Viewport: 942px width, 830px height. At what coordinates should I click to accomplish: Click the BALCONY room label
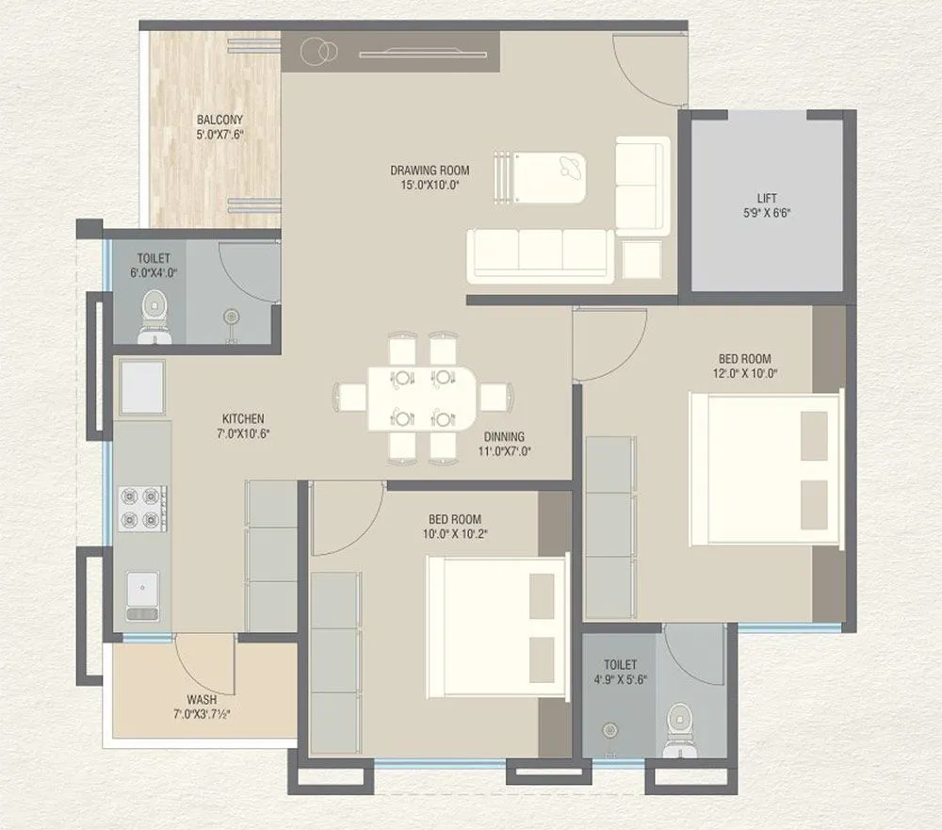pyautogui.click(x=219, y=120)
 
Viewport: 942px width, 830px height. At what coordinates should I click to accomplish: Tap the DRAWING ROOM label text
pyautogui.click(x=430, y=171)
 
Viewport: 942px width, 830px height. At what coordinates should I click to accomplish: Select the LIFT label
pyautogui.click(x=767, y=199)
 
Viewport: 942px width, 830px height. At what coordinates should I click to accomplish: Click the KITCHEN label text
pyautogui.click(x=243, y=418)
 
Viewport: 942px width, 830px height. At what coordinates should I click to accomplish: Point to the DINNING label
pyautogui.click(x=504, y=437)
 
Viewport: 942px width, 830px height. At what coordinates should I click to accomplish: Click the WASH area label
pyautogui.click(x=201, y=700)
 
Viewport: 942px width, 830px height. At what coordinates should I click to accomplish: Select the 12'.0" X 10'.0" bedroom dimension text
pyautogui.click(x=744, y=373)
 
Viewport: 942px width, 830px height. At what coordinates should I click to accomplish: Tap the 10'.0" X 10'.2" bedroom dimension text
pyautogui.click(x=455, y=533)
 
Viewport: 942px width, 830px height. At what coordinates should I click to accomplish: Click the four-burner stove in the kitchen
pyautogui.click(x=142, y=509)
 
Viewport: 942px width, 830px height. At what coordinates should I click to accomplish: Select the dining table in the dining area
pyautogui.click(x=422, y=398)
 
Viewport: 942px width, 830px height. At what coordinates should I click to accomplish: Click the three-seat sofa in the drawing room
pyautogui.click(x=541, y=254)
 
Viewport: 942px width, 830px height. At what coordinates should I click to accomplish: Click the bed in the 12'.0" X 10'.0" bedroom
pyautogui.click(x=765, y=468)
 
